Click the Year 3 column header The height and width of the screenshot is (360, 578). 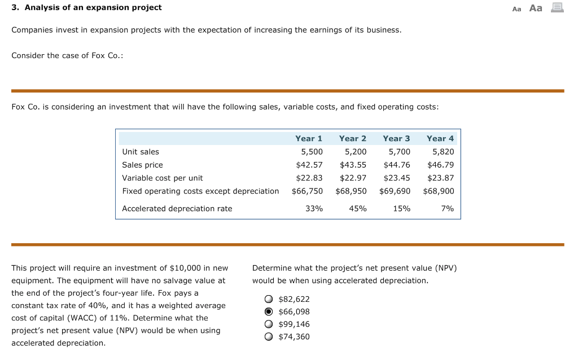396,138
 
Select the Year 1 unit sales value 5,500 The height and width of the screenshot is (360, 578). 312,152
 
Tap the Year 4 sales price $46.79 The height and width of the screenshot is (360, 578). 440,165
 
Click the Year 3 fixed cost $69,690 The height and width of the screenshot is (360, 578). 395,191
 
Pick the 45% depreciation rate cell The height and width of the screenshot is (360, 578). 357,209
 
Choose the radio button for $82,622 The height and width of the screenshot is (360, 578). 269,299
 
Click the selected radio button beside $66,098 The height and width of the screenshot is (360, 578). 269,311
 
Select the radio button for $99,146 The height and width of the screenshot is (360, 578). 269,324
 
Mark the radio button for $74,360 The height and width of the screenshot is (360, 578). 269,337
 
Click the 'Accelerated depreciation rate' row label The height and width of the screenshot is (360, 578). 177,209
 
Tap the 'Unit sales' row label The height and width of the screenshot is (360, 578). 141,152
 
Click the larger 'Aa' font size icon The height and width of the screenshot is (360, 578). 536,8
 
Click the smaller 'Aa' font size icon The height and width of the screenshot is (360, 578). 516,8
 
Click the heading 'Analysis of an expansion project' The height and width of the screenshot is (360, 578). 91,7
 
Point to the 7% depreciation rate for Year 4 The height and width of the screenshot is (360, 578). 447,209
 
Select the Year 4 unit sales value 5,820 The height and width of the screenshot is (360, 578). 443,152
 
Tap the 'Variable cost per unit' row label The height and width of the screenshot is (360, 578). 162,178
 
